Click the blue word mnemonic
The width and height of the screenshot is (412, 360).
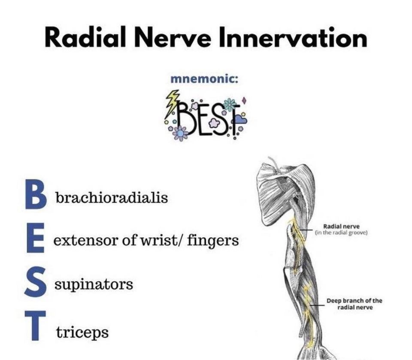click(x=204, y=79)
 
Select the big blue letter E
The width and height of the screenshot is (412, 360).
click(x=35, y=238)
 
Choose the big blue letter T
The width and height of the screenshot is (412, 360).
click(x=35, y=325)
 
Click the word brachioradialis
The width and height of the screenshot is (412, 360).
click(x=112, y=197)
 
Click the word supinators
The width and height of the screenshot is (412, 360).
click(x=94, y=284)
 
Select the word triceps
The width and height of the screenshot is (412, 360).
click(x=82, y=333)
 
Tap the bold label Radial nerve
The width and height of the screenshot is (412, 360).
click(x=341, y=226)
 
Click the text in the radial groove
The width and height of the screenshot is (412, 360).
click(x=342, y=233)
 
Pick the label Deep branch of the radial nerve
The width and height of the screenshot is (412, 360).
click(x=354, y=304)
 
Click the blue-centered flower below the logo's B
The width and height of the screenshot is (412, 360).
click(x=180, y=133)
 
